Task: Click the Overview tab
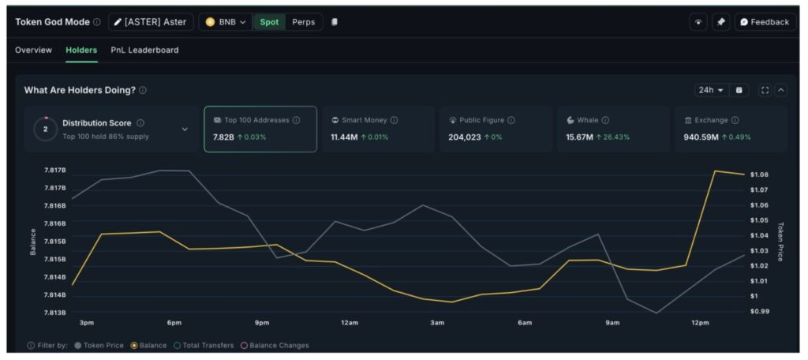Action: (x=33, y=50)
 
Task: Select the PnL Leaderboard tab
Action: (x=144, y=50)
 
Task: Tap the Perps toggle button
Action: (x=303, y=22)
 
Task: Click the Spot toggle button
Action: (x=269, y=22)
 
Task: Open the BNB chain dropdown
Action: (x=226, y=22)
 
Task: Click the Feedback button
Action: (x=764, y=22)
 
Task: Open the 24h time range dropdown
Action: (x=710, y=90)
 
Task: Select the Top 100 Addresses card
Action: (x=260, y=129)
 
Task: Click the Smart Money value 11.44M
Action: (x=345, y=137)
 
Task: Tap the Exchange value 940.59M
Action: (x=701, y=137)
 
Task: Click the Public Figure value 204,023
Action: (x=465, y=137)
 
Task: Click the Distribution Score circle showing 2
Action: (x=45, y=129)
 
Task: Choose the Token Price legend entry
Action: (x=99, y=345)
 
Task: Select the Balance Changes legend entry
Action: (x=275, y=345)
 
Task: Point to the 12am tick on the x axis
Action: (x=350, y=323)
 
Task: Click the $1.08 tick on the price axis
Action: (x=759, y=174)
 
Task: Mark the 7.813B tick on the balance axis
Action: (x=54, y=313)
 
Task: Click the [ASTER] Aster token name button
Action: (x=150, y=22)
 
